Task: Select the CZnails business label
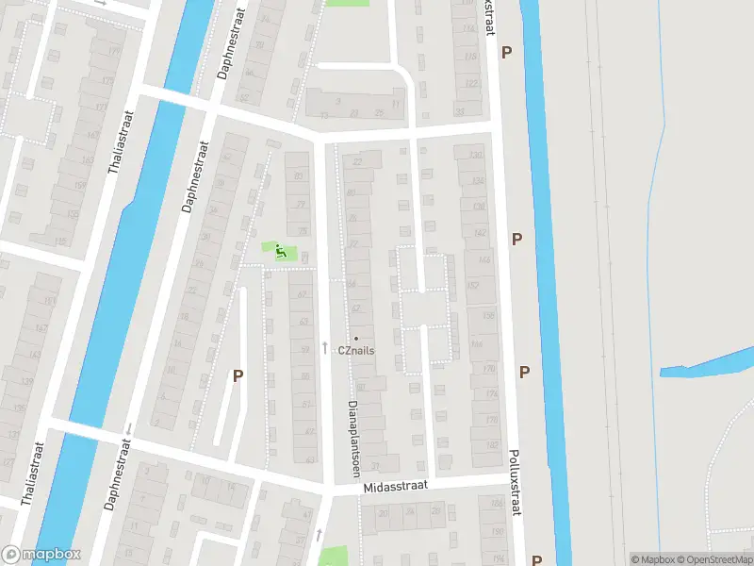tap(358, 350)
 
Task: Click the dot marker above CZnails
tap(356, 338)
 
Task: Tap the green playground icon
tap(280, 251)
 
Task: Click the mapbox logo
tap(41, 555)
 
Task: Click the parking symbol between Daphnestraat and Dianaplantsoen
tap(238, 375)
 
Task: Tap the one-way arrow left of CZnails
tap(325, 348)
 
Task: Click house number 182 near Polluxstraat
tap(490, 444)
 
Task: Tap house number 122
tap(471, 84)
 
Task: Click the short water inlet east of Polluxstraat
tap(707, 362)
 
